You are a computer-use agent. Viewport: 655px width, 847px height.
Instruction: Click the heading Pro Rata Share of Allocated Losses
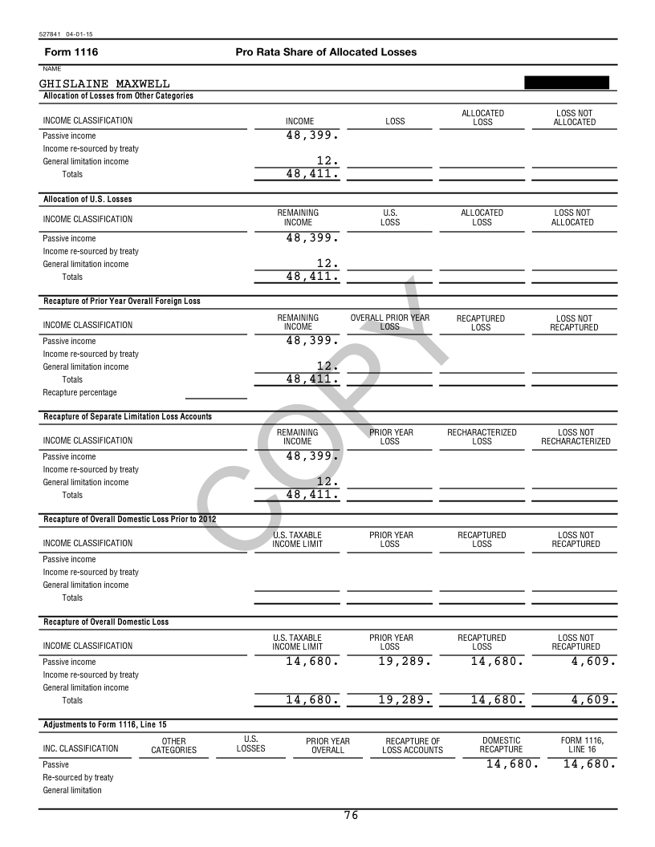pos(326,52)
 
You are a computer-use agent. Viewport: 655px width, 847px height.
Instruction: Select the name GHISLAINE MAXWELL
pos(104,83)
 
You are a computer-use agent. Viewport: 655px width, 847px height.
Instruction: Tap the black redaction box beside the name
pos(566,82)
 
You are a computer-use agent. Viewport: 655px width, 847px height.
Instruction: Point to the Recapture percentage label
pos(79,392)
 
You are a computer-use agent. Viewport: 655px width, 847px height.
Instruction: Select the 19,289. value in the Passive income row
pos(405,662)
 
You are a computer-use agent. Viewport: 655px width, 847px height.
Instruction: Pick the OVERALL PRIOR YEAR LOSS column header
pos(389,322)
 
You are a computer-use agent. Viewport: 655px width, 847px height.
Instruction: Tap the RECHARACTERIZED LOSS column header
pos(482,436)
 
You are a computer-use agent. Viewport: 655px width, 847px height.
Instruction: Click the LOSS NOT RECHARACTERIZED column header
pos(576,436)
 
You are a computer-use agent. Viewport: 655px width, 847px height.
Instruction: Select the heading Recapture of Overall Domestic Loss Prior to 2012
pos(129,519)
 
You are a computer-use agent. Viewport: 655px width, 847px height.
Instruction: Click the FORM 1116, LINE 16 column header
pos(582,744)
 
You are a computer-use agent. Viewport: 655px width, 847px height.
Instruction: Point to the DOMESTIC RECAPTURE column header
pos(501,744)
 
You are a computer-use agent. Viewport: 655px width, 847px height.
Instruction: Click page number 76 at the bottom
pos(351,816)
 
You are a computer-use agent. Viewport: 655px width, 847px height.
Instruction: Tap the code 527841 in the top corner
pos(50,34)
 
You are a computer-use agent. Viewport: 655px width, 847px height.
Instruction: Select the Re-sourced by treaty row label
pos(78,777)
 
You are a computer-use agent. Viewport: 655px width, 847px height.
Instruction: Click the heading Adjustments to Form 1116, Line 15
pos(104,724)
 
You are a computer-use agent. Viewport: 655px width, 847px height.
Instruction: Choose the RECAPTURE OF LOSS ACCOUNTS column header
pos(413,745)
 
